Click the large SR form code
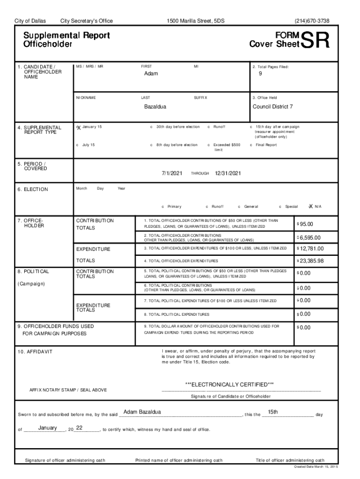(316, 40)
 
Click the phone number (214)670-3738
(312, 21)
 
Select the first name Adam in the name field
(151, 74)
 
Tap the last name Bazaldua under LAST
(155, 107)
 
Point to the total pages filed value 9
(260, 74)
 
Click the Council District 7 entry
(273, 107)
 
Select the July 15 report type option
(77, 145)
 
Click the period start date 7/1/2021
(172, 173)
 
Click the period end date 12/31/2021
(228, 173)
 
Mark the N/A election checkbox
(310, 206)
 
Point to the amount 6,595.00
(310, 238)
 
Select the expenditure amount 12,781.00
(311, 248)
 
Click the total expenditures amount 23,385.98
(311, 261)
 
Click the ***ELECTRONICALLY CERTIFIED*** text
(230, 384)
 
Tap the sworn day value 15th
(273, 412)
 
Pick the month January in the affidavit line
(48, 428)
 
